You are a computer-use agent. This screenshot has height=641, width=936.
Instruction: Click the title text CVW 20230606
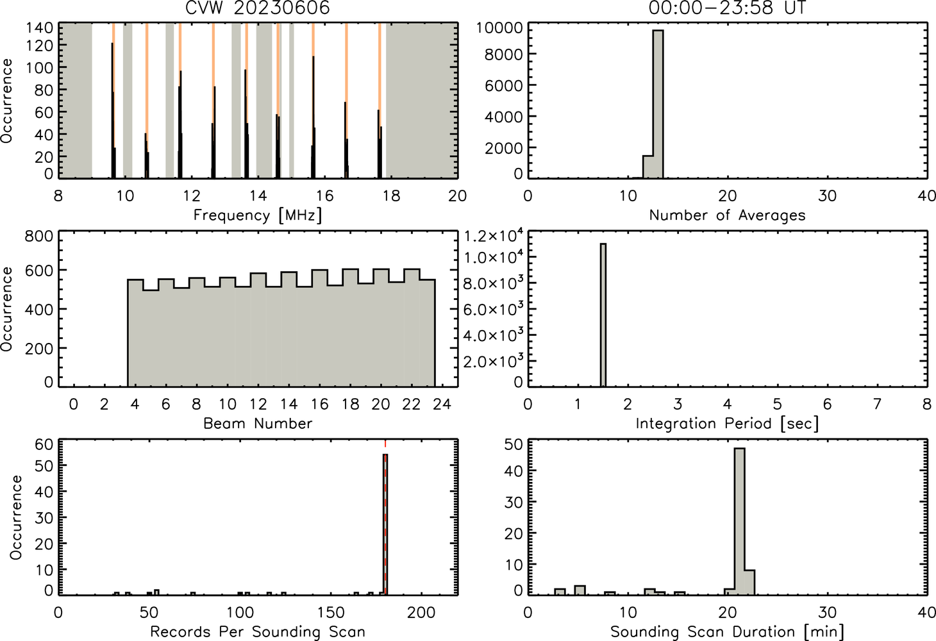click(258, 8)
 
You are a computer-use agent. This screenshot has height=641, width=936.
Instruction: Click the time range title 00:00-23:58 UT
click(727, 8)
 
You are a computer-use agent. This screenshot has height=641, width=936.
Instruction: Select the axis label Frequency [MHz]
click(258, 215)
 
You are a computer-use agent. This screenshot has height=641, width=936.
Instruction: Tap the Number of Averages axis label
click(727, 215)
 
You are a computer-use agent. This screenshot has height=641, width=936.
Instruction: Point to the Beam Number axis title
click(258, 423)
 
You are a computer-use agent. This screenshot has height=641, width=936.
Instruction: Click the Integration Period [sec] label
click(727, 424)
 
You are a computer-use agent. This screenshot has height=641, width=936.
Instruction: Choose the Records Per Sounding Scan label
click(258, 631)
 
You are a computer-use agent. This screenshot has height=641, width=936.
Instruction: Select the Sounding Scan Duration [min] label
click(727, 632)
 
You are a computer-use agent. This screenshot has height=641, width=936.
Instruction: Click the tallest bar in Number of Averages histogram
click(658, 104)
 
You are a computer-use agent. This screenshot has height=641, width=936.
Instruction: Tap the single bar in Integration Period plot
click(603, 315)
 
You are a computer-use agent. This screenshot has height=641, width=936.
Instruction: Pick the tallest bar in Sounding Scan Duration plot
click(740, 522)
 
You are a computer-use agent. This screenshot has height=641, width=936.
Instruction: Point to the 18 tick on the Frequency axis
click(391, 196)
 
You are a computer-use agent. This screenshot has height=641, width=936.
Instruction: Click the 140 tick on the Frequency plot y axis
click(40, 28)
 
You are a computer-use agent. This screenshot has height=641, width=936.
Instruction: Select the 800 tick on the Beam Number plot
click(39, 237)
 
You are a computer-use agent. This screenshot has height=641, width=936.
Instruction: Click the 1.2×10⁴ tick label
click(494, 236)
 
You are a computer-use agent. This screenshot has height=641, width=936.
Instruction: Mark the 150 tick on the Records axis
click(331, 613)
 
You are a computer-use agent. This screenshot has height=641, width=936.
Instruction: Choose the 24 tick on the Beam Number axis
click(442, 404)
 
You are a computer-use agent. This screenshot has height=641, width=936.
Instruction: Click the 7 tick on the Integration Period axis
click(877, 404)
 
